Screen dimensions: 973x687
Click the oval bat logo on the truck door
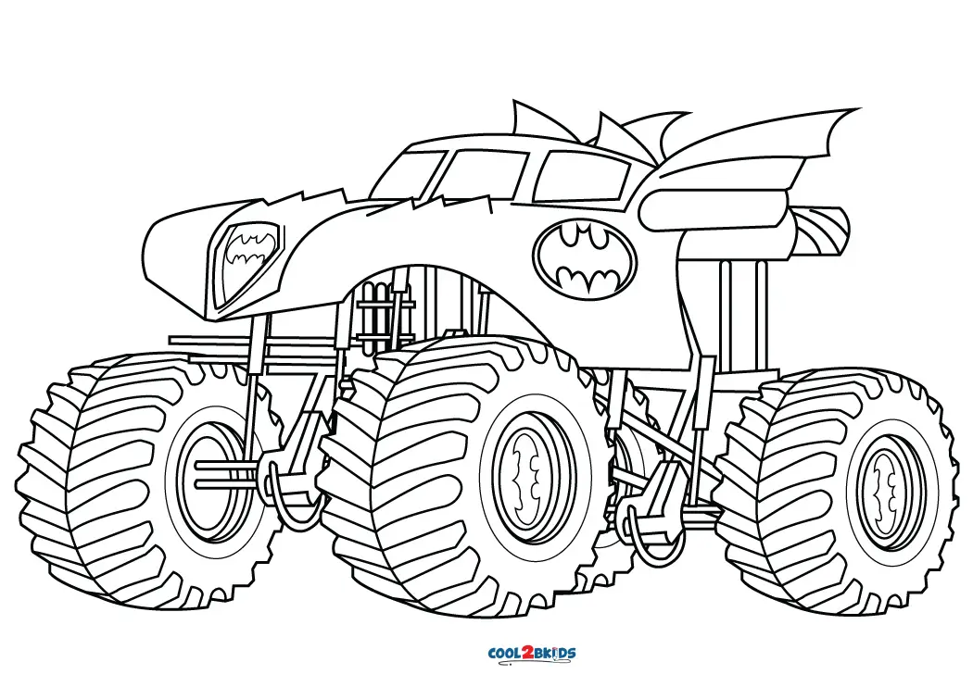coord(585,259)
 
